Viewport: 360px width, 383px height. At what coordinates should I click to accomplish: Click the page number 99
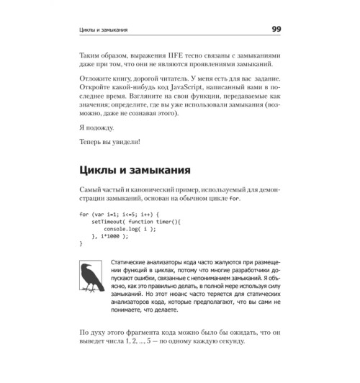coord(276,30)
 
